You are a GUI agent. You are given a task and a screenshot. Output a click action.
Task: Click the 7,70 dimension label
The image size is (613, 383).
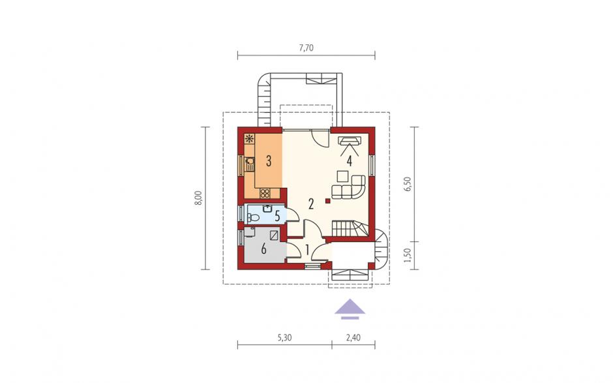coord(306,48)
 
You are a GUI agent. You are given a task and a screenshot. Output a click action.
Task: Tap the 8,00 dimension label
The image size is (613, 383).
coord(199,198)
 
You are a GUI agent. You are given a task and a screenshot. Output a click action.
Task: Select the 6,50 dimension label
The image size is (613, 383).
coord(408,184)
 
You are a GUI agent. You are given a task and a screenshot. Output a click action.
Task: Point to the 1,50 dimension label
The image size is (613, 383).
coord(408,255)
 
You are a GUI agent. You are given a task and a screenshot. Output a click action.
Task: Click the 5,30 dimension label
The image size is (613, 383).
coord(284,338)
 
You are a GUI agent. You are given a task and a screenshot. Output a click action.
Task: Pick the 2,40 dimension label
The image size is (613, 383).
coord(353,338)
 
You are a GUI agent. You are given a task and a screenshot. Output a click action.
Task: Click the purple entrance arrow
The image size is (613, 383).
coord(350,309)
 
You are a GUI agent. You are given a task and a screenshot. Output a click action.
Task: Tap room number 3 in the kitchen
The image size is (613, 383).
coord(269,161)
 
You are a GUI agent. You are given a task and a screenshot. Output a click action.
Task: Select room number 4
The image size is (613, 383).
coord(349,161)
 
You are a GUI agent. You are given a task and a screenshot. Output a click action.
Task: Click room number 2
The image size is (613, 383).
coord(311,204)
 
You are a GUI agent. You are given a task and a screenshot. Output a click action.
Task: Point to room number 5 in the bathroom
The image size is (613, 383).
coord(277,216)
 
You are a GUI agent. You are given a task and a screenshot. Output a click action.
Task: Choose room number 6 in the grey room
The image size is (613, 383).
coord(263,249)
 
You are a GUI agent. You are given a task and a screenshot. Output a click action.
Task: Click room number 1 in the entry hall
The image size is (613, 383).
coord(307,250)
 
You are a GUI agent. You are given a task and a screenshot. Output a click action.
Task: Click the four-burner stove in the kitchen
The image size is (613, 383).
coord(265,193)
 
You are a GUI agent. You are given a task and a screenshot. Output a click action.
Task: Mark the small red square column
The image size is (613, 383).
coord(328,202)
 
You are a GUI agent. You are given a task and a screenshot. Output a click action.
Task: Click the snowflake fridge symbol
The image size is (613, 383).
coord(249,138)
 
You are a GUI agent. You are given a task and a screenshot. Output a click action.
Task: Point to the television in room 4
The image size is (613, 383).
coord(350,141)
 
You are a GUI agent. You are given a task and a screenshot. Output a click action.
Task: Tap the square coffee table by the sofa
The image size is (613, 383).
coord(343,176)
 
